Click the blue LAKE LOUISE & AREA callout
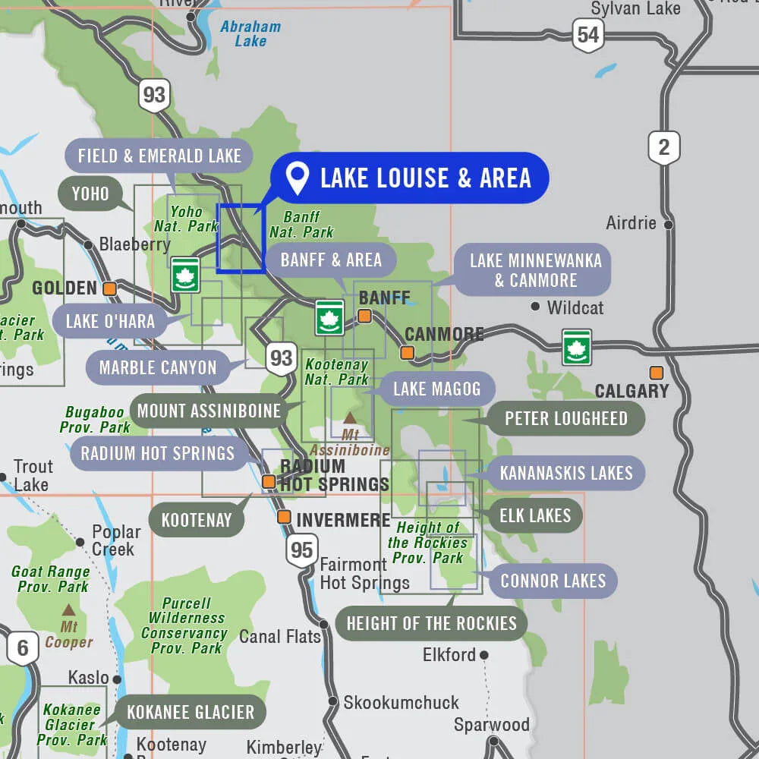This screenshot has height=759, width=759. click(x=410, y=178)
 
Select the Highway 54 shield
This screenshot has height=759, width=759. click(x=588, y=34)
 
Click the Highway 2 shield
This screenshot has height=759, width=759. click(x=664, y=146)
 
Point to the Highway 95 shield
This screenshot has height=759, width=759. click(x=301, y=550)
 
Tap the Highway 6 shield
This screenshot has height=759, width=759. click(x=23, y=648)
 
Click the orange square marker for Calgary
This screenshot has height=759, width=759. click(x=656, y=373)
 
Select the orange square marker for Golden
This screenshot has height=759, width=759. click(x=110, y=288)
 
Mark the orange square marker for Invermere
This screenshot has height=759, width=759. click(x=284, y=517)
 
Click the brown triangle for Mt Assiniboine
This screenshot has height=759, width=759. click(x=350, y=417)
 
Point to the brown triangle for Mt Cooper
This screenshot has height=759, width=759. click(x=68, y=609)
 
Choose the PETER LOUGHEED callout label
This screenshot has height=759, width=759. click(x=565, y=418)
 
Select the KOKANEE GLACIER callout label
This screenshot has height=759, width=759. click(x=191, y=713)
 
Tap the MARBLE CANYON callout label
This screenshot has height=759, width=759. click(x=158, y=368)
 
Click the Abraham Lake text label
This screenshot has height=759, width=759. click(x=250, y=33)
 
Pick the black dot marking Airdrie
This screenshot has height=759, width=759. click(x=668, y=225)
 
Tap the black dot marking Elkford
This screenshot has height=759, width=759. click(x=483, y=654)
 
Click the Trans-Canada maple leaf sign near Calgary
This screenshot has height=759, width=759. click(x=577, y=347)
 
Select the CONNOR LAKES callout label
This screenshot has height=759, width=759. click(x=553, y=581)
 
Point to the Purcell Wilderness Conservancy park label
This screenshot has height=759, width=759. click(x=184, y=625)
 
